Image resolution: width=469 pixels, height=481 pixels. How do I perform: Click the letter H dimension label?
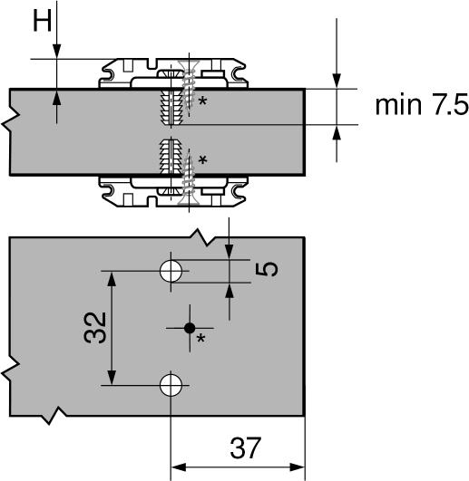coord(42,22)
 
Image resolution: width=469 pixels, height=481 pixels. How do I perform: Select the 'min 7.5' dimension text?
coord(422,105)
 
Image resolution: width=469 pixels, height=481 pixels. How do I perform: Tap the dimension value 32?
coord(95,327)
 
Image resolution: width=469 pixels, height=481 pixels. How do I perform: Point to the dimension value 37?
coord(246,447)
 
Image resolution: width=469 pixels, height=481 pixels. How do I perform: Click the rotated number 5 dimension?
coord(267,269)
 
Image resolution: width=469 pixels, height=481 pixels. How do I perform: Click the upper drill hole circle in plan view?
coord(171,271)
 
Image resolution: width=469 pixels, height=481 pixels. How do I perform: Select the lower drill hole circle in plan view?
coord(171,385)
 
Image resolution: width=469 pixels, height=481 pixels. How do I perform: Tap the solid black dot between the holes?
coord(190,328)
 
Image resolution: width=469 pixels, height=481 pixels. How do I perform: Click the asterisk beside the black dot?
coord(200,339)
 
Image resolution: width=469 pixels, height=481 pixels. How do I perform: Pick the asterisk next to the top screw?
coord(202,101)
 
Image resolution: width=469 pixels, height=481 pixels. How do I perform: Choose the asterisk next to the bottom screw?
coord(202,159)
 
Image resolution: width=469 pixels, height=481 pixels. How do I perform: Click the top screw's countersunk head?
coord(189,65)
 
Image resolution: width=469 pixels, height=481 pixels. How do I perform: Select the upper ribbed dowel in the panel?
coord(171,106)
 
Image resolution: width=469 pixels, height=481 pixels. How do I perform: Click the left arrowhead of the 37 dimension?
coord(178,467)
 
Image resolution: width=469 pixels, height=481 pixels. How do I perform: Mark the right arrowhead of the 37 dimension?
coord(297,467)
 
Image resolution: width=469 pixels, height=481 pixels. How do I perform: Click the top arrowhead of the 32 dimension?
coord(112,279)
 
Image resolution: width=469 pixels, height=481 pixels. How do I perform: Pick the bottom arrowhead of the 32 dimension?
coord(112,378)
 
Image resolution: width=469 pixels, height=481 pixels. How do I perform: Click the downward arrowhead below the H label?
coord(57,52)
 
